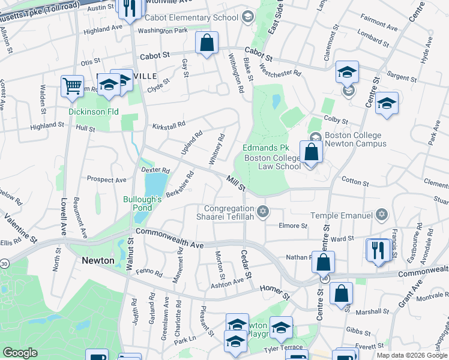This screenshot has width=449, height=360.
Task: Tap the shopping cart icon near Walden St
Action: (72, 86)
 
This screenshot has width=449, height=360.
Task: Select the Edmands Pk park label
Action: (266, 148)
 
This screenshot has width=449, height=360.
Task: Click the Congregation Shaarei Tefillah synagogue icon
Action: (262, 211)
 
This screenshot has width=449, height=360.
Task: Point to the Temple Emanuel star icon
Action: (381, 215)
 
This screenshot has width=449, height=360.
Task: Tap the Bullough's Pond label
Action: (142, 203)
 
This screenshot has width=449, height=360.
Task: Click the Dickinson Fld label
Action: (93, 112)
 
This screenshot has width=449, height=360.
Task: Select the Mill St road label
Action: (236, 182)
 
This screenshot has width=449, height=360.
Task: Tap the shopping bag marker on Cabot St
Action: (206, 44)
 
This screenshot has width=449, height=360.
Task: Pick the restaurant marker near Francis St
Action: (378, 250)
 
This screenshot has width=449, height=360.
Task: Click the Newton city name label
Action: (98, 260)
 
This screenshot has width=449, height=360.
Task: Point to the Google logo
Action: (20, 353)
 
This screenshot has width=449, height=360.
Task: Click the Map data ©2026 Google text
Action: (411, 355)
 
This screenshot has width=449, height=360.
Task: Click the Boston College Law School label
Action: (272, 162)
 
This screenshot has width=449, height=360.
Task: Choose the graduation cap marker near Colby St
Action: (387, 103)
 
